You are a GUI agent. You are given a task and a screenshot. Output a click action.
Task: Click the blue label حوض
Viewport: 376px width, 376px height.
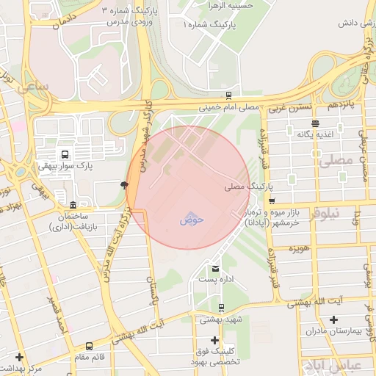click(191, 219)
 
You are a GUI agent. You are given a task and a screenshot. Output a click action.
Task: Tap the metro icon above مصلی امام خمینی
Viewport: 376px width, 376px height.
click(229, 95)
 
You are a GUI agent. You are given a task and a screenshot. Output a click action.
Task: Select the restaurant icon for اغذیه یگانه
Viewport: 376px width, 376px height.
click(315, 123)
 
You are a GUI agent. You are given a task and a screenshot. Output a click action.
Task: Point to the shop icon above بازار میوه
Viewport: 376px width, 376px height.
click(272, 200)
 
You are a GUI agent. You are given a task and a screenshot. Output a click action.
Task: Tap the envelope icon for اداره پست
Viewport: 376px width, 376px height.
click(215, 268)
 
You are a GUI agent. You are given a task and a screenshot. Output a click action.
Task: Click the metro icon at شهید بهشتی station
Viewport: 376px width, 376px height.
click(221, 308)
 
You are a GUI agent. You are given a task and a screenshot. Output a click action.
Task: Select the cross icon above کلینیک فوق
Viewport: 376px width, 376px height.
click(214, 340)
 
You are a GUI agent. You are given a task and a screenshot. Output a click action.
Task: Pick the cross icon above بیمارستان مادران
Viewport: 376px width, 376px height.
click(334, 319)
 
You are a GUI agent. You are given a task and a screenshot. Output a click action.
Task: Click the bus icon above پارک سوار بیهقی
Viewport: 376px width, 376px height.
click(65, 155)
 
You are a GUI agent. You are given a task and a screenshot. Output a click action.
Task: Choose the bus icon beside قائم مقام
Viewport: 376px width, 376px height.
click(90, 345)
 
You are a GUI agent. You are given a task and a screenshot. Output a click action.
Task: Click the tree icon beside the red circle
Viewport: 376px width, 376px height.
click(123, 185)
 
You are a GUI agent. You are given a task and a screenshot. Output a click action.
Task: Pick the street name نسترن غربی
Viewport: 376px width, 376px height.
click(285, 109)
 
